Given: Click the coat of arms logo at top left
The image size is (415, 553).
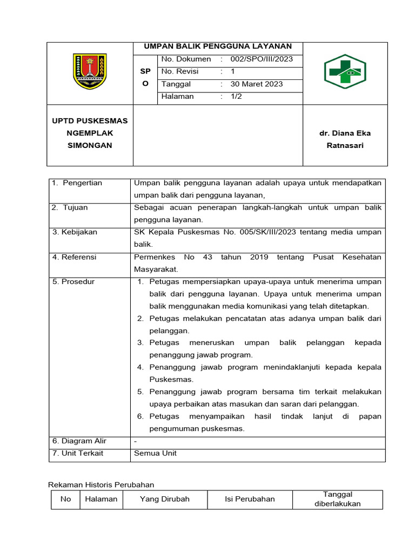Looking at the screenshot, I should tap(90, 72).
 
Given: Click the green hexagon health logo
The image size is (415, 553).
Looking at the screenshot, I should tap(345, 71).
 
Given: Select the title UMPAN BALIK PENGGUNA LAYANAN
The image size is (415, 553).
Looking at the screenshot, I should tap(218, 47).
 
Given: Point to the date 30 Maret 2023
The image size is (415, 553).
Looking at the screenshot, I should tap(257, 84).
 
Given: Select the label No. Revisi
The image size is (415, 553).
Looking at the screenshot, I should tap(180, 72).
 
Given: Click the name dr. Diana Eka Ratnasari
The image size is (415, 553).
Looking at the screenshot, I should tap(345, 139).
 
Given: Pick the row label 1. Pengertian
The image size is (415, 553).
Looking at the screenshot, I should tap(77, 183).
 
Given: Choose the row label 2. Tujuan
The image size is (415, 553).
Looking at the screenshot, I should tap(70, 208).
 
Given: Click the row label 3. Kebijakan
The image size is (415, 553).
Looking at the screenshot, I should tap(75, 232).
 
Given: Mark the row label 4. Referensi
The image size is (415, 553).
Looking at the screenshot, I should tap(74, 257).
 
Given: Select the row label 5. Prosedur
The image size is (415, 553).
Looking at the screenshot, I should tap(73, 282).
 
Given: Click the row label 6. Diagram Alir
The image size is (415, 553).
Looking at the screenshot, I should tap(79, 441).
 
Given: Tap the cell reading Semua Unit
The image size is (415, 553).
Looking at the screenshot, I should tap(155, 454).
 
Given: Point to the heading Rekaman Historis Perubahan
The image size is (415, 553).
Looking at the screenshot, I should tap(101, 485).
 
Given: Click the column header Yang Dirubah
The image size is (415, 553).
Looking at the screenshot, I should tap(164, 500).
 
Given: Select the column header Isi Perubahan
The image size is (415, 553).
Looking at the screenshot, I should tap(250, 500).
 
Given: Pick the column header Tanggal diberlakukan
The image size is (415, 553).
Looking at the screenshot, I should tap(337, 500).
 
